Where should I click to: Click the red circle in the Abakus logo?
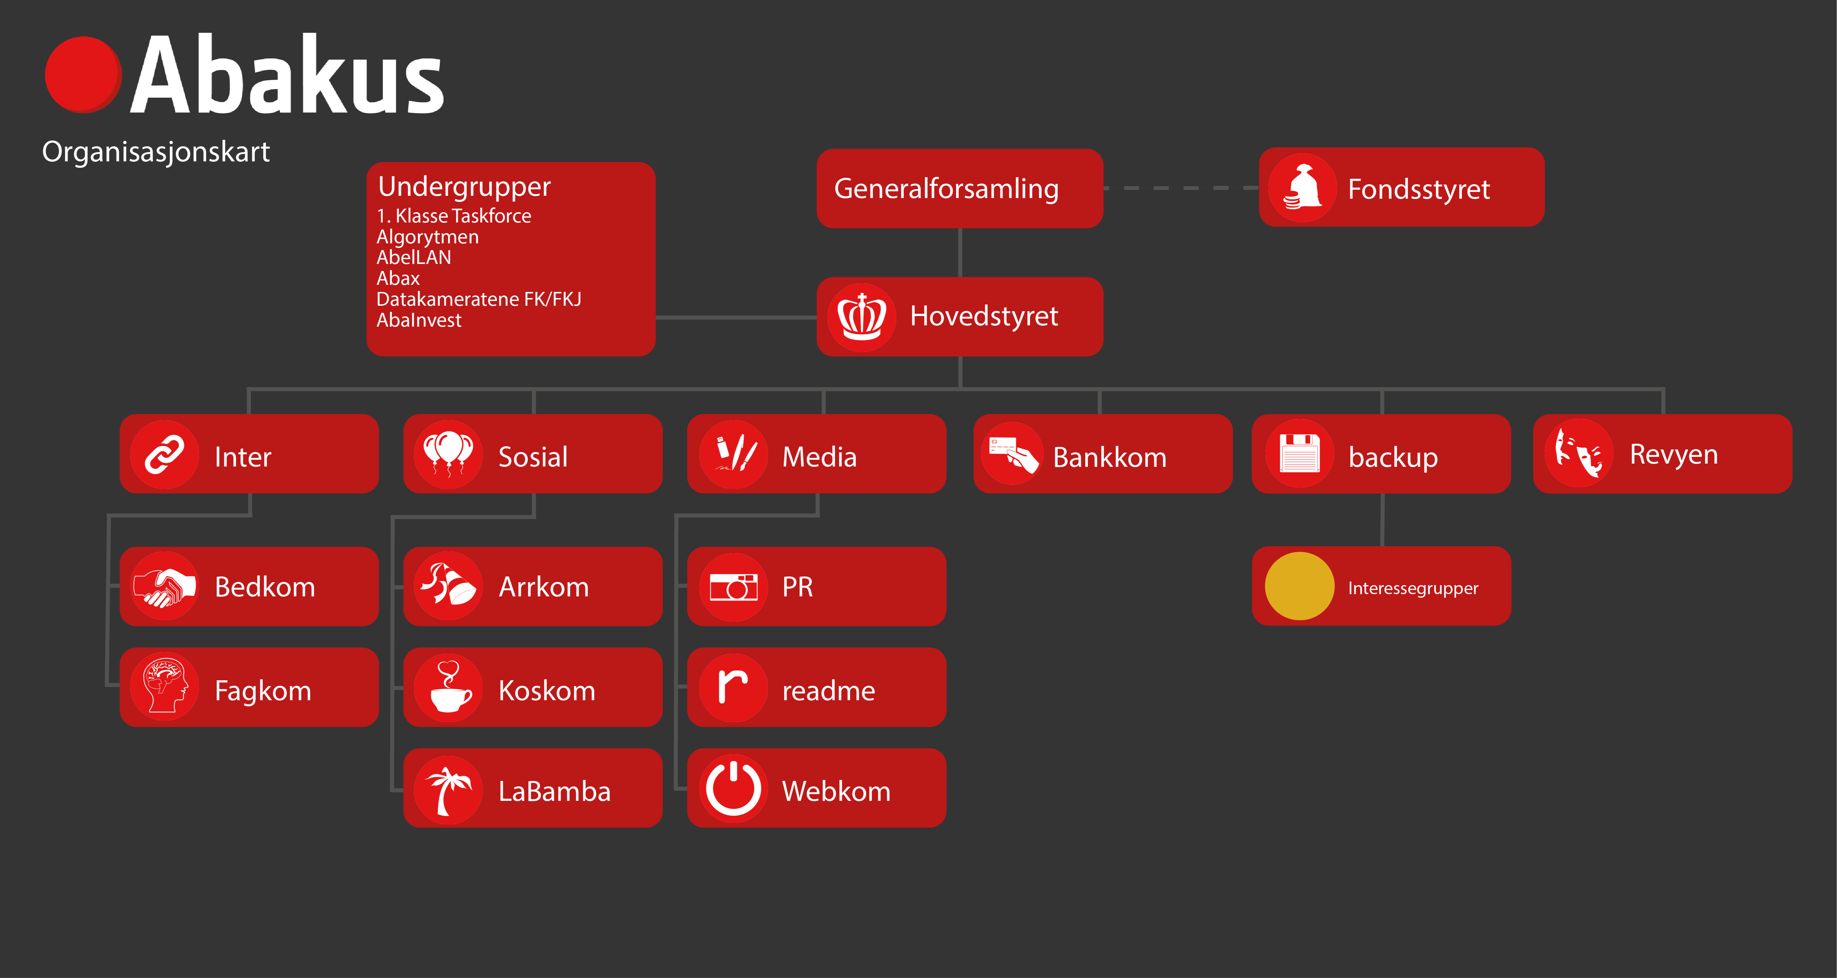[83, 75]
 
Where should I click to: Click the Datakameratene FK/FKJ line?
[478, 299]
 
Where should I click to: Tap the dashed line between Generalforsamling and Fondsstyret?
[1181, 188]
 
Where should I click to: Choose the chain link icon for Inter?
[165, 454]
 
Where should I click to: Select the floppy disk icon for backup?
[1299, 454]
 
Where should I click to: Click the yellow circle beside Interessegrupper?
[1299, 586]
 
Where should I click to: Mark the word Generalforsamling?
[946, 189]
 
